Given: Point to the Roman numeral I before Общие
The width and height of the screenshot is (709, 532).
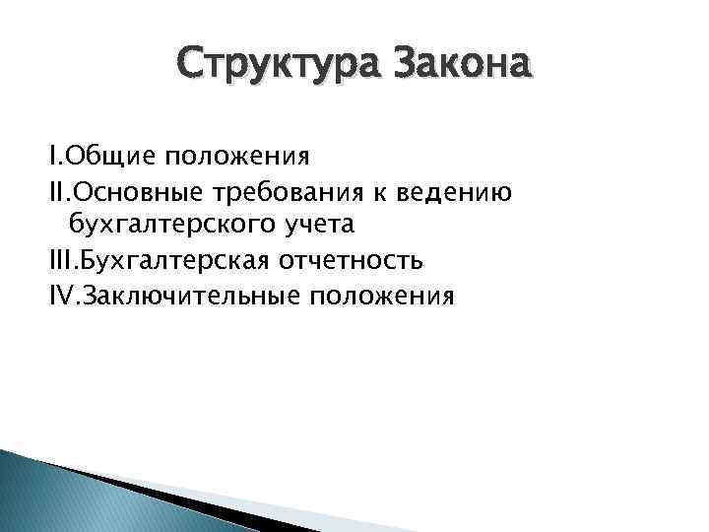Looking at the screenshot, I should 50,156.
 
